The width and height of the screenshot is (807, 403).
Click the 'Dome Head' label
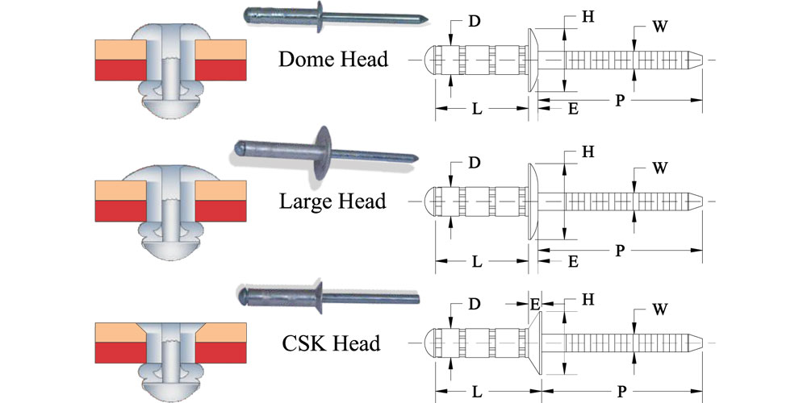[332, 59]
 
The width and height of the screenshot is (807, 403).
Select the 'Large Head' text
[332, 200]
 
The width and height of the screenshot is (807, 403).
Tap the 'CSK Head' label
[331, 343]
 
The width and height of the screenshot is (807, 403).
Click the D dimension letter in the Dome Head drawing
[475, 21]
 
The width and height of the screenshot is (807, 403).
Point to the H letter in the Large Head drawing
[587, 152]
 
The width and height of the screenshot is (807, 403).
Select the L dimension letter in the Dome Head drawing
[477, 107]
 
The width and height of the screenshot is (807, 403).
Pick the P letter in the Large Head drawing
[619, 250]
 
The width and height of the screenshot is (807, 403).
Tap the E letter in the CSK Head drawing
[534, 304]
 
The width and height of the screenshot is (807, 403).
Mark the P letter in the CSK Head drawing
[620, 391]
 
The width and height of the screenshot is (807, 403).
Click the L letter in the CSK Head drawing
[477, 391]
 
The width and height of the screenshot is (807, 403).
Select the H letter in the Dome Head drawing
[587, 15]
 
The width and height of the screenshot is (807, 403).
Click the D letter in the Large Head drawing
[475, 163]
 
